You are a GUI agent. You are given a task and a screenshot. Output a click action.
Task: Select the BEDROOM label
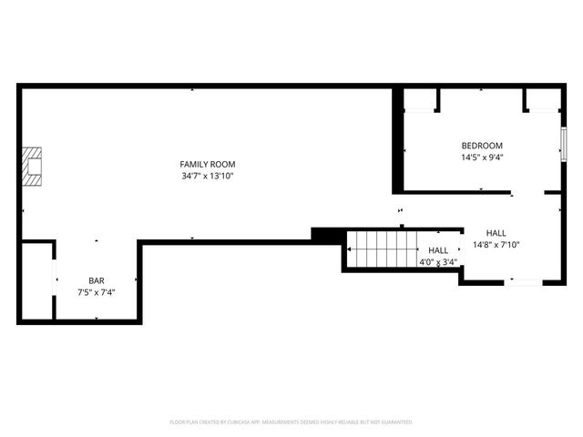[482, 146]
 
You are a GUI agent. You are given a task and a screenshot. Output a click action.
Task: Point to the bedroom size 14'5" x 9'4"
[482, 157]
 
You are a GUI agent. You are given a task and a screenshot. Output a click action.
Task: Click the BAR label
[96, 280]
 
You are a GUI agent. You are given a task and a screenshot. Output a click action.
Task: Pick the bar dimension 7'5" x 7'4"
[96, 291]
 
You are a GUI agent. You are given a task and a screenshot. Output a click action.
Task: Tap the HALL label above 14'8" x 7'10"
[496, 233]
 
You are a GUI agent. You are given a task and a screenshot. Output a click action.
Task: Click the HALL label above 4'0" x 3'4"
[438, 250]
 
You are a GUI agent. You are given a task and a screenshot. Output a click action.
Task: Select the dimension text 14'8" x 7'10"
[496, 244]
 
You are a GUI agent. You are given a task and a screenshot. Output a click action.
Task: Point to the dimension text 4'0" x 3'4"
[438, 262]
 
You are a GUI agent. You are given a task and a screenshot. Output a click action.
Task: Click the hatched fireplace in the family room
[34, 167]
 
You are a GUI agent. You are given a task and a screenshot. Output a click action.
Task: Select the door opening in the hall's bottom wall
[524, 281]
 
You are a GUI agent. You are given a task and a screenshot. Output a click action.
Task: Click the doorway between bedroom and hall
[528, 193]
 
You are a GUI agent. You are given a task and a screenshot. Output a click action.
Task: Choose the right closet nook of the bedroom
[543, 100]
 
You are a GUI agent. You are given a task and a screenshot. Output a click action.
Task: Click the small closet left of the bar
[37, 281]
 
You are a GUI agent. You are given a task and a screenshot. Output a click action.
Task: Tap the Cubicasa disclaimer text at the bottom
[291, 422]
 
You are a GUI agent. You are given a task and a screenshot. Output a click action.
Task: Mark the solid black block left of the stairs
[327, 234]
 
